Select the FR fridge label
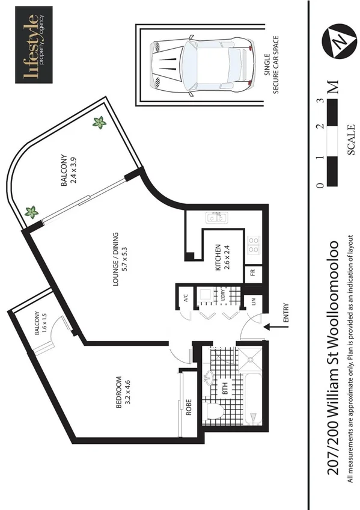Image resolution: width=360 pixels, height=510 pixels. [254, 273]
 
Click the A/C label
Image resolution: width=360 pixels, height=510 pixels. [186, 296]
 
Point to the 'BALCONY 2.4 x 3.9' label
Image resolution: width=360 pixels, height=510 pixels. [68, 180]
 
